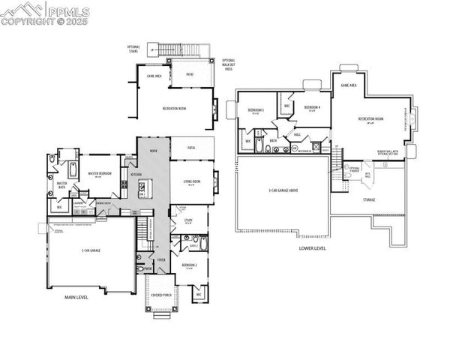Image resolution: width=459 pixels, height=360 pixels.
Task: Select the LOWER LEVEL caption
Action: click(312, 247)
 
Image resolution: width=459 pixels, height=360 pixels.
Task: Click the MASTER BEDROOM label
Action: click(100, 173)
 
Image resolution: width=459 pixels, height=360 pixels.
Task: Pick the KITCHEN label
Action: click(136, 174)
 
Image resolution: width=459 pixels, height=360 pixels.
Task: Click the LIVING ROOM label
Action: click(192, 181)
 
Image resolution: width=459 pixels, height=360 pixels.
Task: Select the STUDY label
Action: click(187, 220)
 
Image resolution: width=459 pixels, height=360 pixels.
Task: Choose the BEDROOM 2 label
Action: click(189, 264)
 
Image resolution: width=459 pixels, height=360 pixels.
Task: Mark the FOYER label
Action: click(161, 259)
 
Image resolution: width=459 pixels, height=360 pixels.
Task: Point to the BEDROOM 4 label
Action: click(312, 108)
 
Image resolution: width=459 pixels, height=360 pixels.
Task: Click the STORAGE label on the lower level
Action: click(369, 199)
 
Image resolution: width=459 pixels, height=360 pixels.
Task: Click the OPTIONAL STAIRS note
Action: click(134, 49)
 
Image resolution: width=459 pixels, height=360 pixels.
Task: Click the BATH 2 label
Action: click(193, 245)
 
